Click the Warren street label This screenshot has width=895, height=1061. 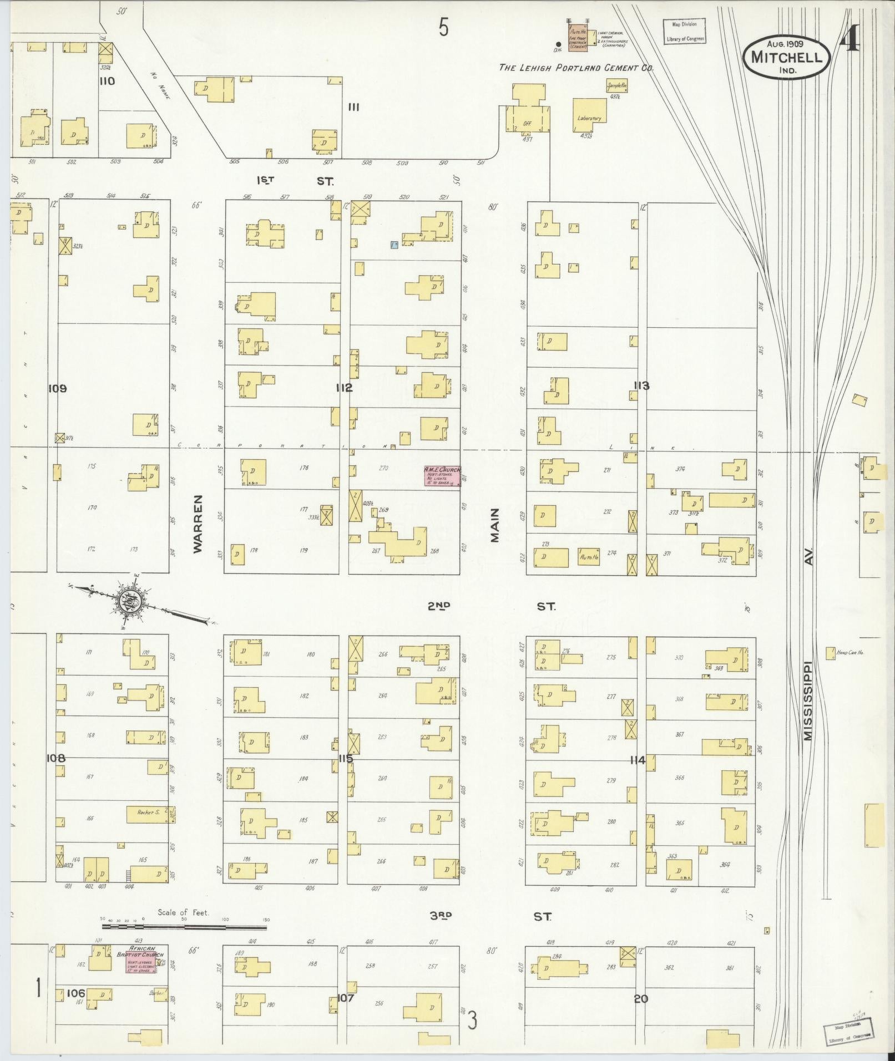pos(199,524)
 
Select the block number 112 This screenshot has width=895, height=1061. pos(343,388)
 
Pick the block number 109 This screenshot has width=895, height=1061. pos(57,388)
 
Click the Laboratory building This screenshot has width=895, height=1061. pos(589,115)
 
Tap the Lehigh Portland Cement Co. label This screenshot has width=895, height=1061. pos(576,68)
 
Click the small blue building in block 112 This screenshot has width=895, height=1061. pos(393,244)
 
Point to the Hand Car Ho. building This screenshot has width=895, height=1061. pos(831,653)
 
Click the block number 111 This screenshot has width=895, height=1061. pos(353,107)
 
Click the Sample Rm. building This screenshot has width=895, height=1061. pos(616,85)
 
